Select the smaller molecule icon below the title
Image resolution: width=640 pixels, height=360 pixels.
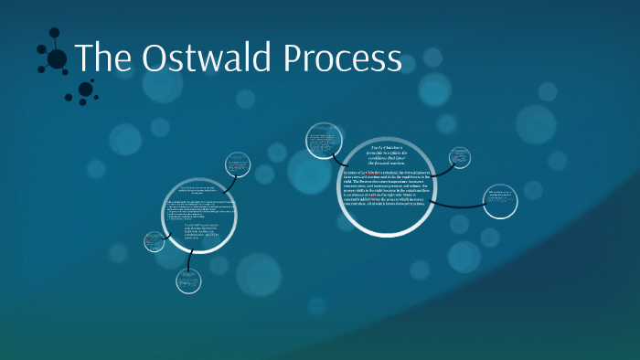85,90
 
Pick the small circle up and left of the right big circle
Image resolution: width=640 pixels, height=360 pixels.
322,143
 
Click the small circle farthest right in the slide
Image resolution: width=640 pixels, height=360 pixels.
500,202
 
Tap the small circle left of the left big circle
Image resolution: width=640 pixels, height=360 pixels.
154,242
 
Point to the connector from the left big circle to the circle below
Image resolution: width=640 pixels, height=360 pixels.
190,259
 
